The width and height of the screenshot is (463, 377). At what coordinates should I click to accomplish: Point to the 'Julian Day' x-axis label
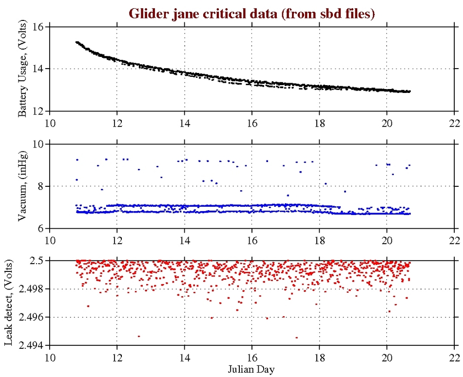pyautogui.click(x=251, y=369)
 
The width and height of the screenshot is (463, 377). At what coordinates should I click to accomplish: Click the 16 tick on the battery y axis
pyautogui.click(x=38, y=27)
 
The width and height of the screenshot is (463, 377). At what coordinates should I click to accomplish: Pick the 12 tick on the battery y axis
pyautogui.click(x=38, y=111)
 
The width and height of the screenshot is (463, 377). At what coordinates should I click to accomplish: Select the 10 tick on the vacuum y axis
pyautogui.click(x=38, y=144)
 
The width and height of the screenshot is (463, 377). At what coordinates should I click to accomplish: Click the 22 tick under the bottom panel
pyautogui.click(x=454, y=356)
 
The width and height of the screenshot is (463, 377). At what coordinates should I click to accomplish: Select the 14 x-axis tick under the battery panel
pyautogui.click(x=184, y=121)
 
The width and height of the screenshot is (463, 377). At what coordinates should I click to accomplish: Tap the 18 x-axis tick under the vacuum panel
pyautogui.click(x=319, y=238)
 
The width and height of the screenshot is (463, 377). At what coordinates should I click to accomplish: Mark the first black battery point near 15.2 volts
pyautogui.click(x=77, y=42)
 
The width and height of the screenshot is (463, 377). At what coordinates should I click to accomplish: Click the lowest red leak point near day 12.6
pyautogui.click(x=139, y=336)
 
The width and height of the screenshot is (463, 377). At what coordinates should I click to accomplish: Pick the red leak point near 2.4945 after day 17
pyautogui.click(x=296, y=337)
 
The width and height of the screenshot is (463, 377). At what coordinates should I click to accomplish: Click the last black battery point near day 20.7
pyautogui.click(x=409, y=91)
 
